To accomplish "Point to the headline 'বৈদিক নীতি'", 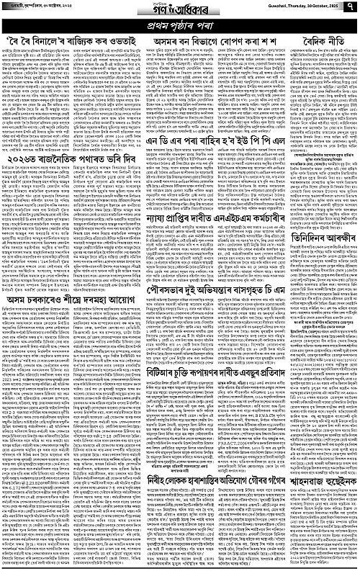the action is (315, 44).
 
